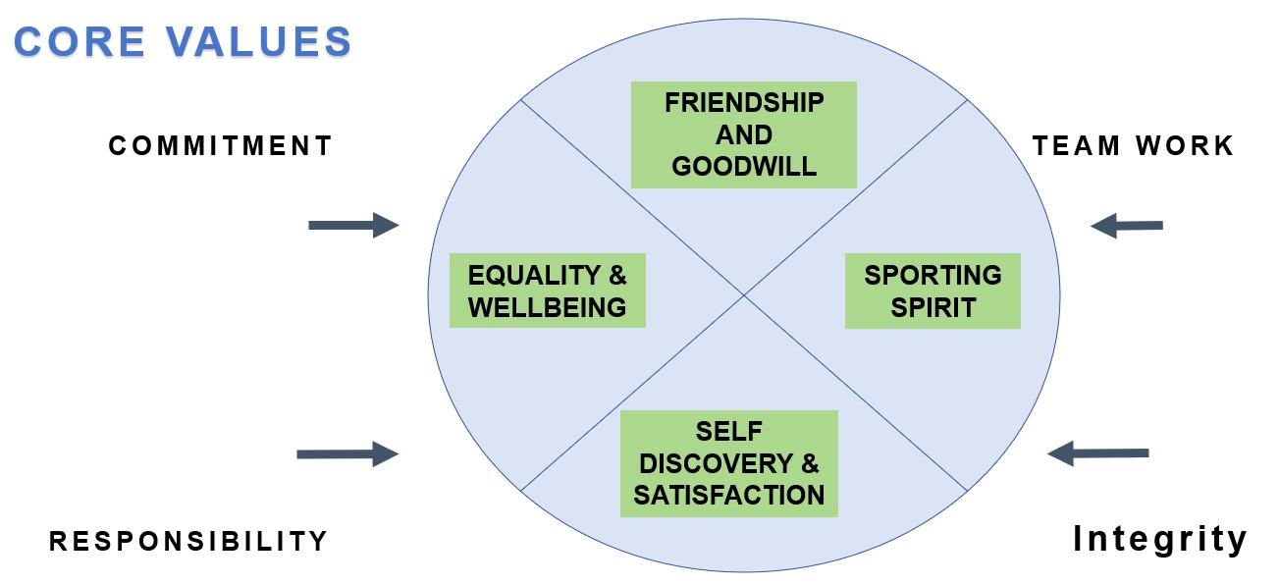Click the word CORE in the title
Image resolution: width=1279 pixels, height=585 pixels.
pyautogui.click(x=80, y=41)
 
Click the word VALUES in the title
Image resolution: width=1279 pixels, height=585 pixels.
pyautogui.click(x=259, y=41)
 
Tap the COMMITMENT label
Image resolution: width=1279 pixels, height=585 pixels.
pyautogui.click(x=220, y=146)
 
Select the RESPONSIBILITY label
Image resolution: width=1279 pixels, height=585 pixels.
pyautogui.click(x=188, y=541)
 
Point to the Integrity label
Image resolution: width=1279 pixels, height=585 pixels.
pyautogui.click(x=1160, y=539)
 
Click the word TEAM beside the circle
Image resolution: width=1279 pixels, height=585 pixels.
pyautogui.click(x=1076, y=146)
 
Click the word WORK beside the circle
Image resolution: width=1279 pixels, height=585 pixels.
pyautogui.click(x=1185, y=146)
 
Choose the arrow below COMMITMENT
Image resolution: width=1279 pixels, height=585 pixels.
pyautogui.click(x=353, y=226)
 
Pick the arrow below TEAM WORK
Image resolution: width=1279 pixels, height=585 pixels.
pyautogui.click(x=1127, y=226)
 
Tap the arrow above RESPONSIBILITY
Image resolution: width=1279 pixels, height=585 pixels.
pyautogui.click(x=347, y=454)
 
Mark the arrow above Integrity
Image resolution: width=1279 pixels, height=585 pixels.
pyautogui.click(x=1098, y=453)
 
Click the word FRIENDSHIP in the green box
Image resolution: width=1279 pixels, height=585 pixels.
pyautogui.click(x=744, y=103)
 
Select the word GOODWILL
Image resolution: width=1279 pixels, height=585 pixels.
pyautogui.click(x=744, y=167)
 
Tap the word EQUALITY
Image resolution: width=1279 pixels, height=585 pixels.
pyautogui.click(x=534, y=276)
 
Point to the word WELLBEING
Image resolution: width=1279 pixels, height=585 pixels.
pyautogui.click(x=547, y=307)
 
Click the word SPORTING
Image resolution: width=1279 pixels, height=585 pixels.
pyautogui.click(x=933, y=276)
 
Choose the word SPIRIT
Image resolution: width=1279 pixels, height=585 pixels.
pyautogui.click(x=933, y=307)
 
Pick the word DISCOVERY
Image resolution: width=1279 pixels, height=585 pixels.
pyautogui.click(x=717, y=463)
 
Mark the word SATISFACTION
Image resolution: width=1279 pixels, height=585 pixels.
pyautogui.click(x=729, y=495)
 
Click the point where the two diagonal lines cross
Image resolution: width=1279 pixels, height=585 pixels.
pyautogui.click(x=744, y=295)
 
